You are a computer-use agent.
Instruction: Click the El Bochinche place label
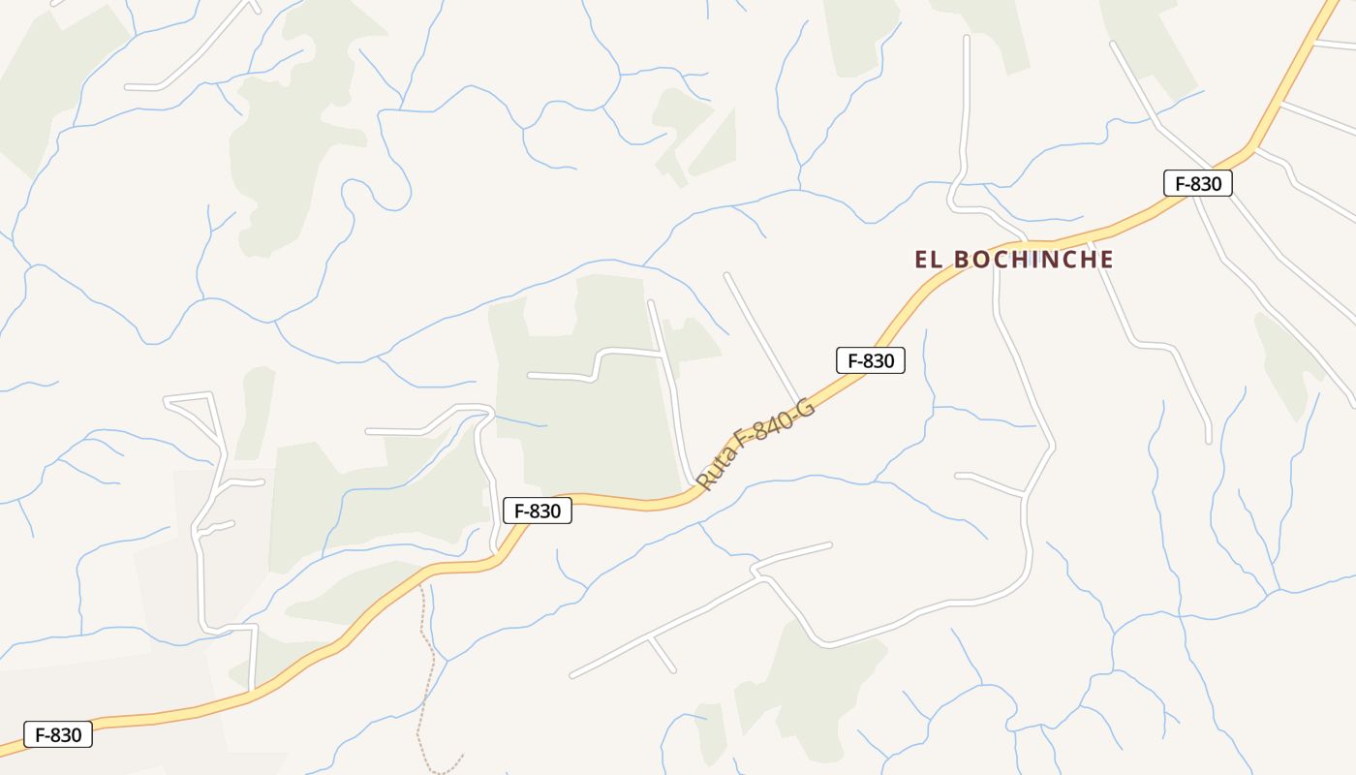[1014, 260]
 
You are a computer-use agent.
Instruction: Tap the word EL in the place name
[929, 260]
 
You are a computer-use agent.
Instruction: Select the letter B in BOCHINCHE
[962, 260]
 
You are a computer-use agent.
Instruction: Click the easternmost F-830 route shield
[1197, 183]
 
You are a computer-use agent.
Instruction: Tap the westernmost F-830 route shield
[58, 734]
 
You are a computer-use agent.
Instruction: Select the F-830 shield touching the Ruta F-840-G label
[870, 361]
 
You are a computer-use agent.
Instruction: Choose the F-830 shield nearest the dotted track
[538, 511]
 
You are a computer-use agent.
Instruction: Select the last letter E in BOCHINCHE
[1105, 260]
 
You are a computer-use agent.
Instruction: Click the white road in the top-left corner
[194, 58]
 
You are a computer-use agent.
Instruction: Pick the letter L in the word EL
[939, 260]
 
